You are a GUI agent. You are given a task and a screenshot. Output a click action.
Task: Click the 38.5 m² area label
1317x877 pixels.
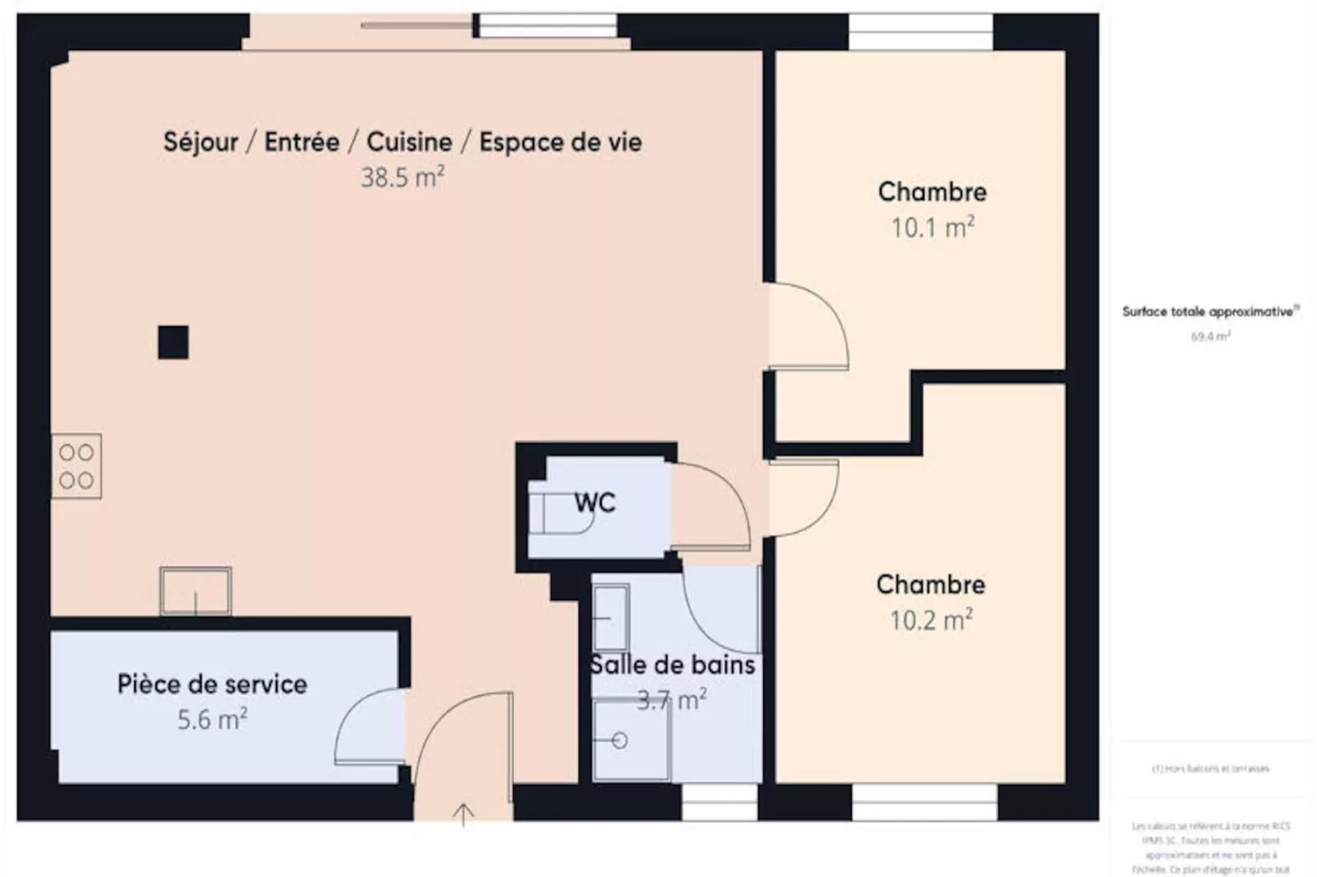[x=403, y=177]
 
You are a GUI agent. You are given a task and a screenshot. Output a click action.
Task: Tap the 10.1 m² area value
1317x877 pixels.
[x=932, y=227]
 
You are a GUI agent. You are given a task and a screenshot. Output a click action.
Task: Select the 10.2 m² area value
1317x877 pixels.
[x=931, y=620]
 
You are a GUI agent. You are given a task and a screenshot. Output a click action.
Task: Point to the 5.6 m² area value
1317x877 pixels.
[x=212, y=720]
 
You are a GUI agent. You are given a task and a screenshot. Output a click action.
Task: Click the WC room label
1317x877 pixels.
[x=595, y=502]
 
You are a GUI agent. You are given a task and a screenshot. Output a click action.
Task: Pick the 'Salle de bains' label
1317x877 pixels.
[x=672, y=665]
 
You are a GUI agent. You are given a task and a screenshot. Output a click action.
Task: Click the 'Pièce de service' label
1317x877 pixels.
[x=212, y=684]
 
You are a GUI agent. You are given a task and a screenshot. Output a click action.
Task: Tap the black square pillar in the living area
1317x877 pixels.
[x=173, y=343]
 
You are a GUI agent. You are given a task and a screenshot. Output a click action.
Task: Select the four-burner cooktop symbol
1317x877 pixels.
[x=76, y=466]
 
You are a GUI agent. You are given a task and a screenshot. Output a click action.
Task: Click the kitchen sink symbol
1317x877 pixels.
[x=195, y=590]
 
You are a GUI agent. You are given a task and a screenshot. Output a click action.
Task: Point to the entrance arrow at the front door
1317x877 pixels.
[x=463, y=814]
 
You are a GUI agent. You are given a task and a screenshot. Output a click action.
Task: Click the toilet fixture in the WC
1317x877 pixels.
[x=558, y=514]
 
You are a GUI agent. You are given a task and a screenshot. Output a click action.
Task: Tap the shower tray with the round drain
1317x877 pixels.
[x=631, y=740]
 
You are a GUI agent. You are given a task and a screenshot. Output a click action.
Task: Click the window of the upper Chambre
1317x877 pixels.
[x=920, y=32]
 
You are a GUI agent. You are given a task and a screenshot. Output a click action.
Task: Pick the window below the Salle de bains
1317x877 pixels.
[x=718, y=802]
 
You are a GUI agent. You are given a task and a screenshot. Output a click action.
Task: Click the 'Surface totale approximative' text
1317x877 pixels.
[x=1210, y=312]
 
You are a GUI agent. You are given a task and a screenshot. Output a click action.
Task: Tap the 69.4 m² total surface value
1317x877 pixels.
[x=1210, y=336]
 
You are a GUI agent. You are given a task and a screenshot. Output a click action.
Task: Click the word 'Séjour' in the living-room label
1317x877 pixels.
[x=201, y=142]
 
